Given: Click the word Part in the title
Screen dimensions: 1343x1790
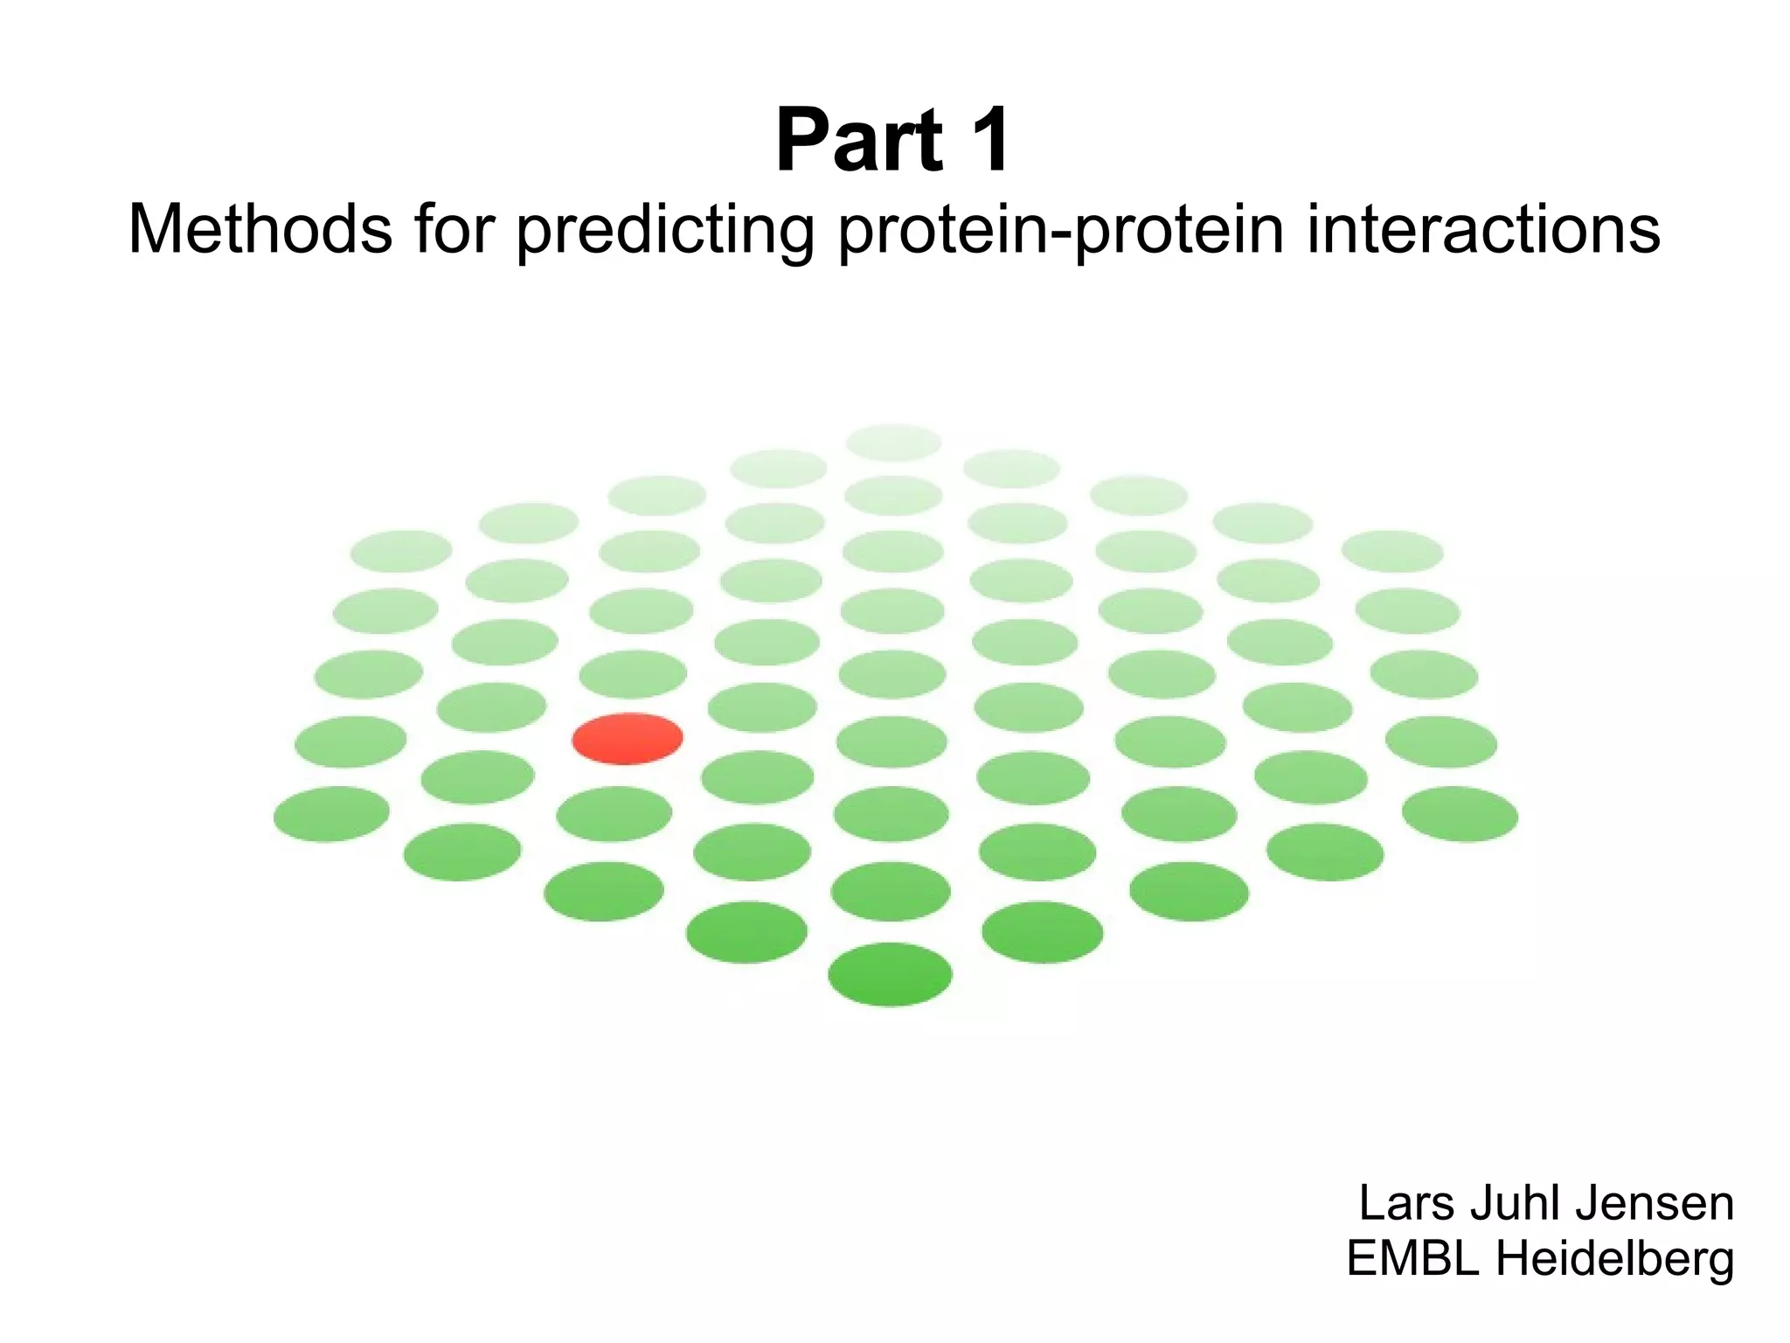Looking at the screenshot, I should click(859, 140).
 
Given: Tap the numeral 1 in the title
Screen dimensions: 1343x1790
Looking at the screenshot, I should click(984, 140).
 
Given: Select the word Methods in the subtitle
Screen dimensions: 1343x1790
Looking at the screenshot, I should click(260, 229).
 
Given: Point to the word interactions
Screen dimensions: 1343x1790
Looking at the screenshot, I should click(1483, 229).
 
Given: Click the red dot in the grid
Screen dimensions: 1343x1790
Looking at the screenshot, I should click(628, 739).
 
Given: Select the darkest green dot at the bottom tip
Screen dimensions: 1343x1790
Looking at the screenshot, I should click(890, 974).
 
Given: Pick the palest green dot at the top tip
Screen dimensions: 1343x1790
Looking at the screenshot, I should click(893, 442).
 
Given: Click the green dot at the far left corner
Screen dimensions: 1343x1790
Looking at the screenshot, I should click(331, 814).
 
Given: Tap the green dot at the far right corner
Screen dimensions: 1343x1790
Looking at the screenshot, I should click(1460, 814).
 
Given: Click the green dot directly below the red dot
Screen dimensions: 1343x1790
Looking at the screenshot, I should click(614, 814).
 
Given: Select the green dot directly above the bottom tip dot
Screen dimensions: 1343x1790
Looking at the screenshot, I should click(890, 891).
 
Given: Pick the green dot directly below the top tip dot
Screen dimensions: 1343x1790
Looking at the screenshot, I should click(893, 496).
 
